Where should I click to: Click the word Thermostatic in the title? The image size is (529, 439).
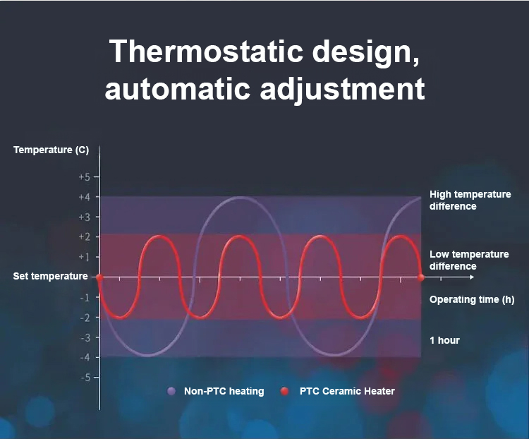[206, 51]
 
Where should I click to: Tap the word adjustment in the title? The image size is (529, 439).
[342, 88]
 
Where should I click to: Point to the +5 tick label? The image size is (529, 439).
[85, 177]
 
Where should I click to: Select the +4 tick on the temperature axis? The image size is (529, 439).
[85, 197]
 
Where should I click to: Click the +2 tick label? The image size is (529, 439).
[85, 236]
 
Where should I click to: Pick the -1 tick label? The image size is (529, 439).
[85, 298]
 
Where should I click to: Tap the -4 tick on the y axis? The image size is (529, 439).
[85, 357]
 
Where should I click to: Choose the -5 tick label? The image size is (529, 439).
[85, 377]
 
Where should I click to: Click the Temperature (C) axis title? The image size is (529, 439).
[51, 150]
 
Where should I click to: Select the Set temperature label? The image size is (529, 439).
[50, 276]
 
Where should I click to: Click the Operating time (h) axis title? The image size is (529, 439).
[472, 299]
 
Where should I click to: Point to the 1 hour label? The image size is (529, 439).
[444, 340]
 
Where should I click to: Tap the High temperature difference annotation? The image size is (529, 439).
[470, 200]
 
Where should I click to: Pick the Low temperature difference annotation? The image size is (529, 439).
[469, 260]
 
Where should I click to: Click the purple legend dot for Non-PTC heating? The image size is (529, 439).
[171, 391]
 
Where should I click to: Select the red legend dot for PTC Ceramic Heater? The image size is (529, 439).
[285, 391]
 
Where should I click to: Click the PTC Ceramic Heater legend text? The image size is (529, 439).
[347, 391]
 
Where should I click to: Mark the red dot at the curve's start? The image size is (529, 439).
[99, 277]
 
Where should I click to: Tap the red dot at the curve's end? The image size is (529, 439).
[420, 277]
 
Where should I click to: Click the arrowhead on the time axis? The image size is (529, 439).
[472, 277]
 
